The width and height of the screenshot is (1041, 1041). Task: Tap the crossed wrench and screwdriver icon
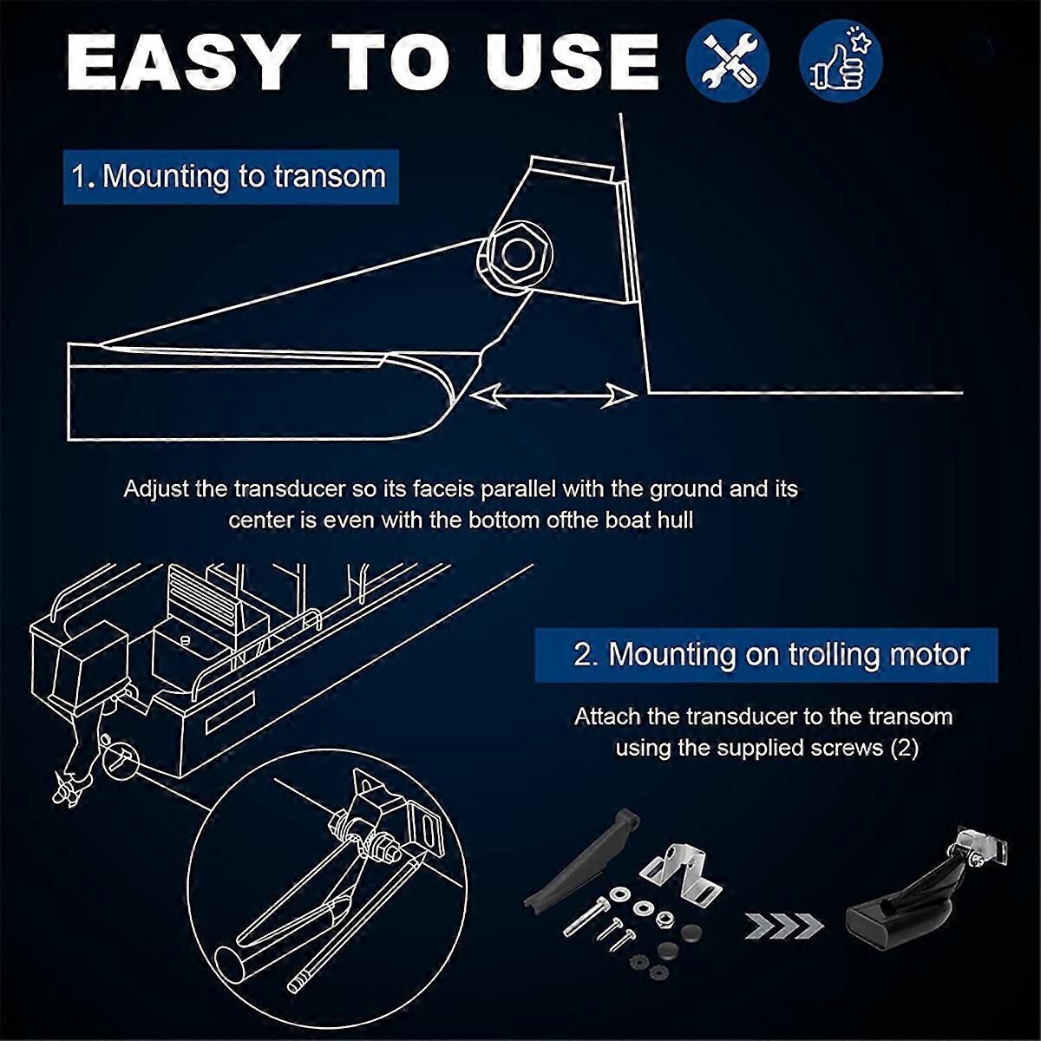point(727,60)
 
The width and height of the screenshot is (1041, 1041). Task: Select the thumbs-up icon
point(840,60)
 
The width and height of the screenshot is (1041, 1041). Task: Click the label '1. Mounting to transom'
point(231,177)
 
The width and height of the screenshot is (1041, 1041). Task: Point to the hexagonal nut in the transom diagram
point(517,255)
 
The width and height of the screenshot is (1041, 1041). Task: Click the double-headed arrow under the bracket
point(553,396)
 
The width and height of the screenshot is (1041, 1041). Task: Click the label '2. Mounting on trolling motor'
point(766,655)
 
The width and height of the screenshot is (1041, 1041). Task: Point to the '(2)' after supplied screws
point(904,748)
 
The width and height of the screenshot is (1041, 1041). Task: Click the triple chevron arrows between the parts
point(784,926)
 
